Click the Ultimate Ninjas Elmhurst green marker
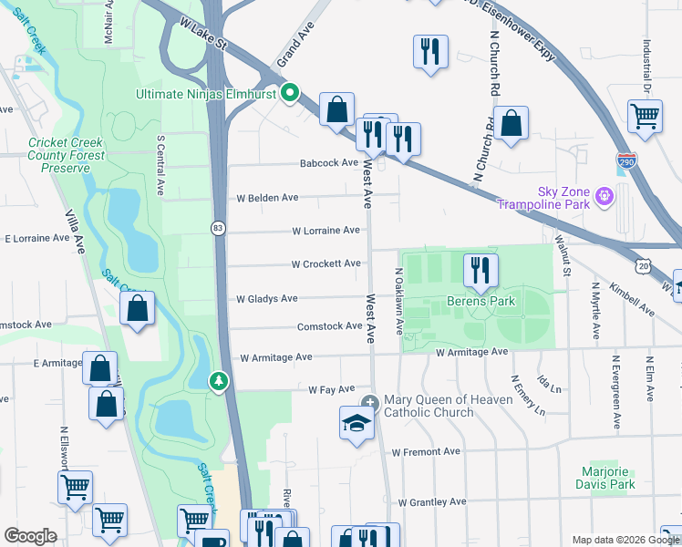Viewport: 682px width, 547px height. point(291,93)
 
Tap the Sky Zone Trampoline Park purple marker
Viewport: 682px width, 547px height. point(604,195)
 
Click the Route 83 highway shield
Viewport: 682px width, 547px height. point(218,229)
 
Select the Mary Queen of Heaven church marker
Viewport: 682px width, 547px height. point(369,403)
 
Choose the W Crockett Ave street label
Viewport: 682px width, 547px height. point(325,263)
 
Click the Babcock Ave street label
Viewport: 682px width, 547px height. point(329,163)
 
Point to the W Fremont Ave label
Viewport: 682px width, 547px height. point(426,452)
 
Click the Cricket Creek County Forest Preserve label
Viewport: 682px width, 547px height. point(67,155)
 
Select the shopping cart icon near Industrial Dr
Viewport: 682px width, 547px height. point(645,116)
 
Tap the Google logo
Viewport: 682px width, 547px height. point(30,536)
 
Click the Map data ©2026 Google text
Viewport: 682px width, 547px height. point(625,540)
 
